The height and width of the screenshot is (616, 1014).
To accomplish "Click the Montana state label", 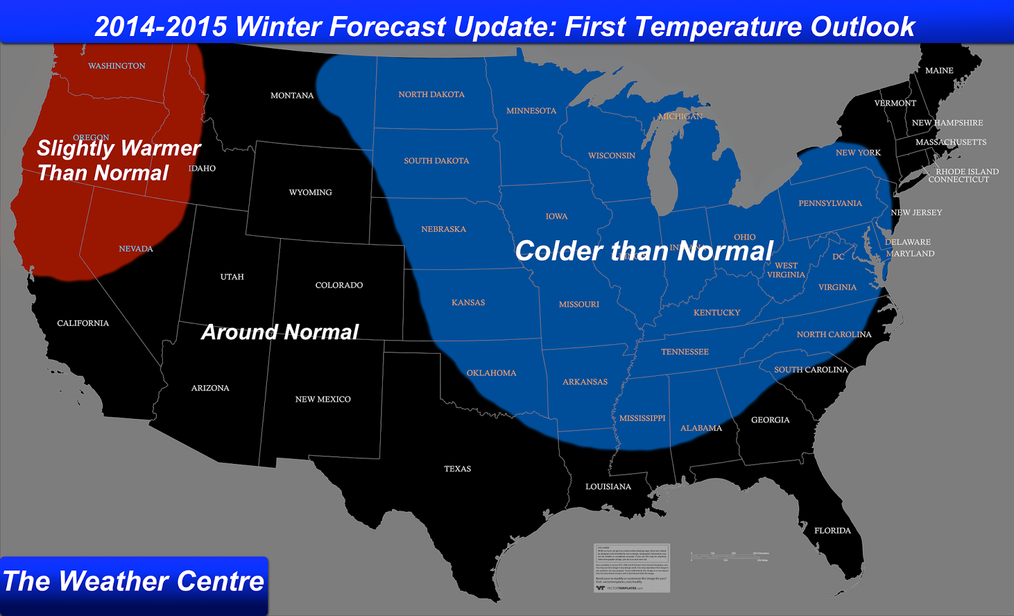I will (292, 96).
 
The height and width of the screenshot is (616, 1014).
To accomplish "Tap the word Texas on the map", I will (457, 469).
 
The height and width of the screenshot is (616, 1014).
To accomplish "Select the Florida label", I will (832, 530).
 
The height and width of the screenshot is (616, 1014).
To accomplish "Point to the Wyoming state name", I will (310, 193).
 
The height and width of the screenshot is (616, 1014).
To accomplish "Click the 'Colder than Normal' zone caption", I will (644, 251).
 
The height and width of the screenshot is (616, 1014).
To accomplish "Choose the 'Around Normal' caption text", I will (279, 332).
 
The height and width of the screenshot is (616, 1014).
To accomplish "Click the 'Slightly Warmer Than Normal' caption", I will (118, 160).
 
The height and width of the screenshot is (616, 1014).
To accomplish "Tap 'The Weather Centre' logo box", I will (134, 582).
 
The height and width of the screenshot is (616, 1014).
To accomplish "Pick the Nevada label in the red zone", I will (136, 249).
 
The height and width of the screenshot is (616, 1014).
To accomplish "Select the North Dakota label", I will (431, 94).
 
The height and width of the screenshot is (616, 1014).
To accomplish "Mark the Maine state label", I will (939, 71).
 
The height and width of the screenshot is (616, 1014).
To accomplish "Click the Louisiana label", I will (608, 487).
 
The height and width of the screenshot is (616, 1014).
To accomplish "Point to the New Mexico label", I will (323, 399).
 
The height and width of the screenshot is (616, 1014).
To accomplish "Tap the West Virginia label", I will (786, 271).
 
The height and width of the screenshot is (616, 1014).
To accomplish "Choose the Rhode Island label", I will (966, 172).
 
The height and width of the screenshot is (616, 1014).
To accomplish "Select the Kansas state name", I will (468, 303).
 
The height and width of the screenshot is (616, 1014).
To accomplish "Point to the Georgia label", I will (770, 420).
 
